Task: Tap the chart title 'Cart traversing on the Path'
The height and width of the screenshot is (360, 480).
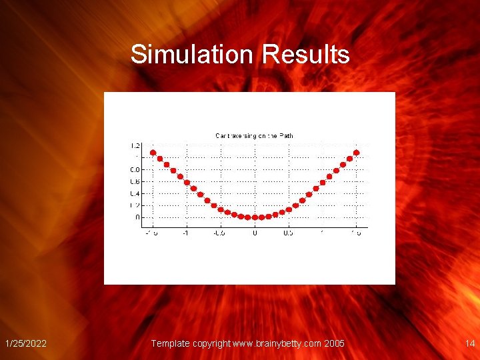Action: tap(254, 136)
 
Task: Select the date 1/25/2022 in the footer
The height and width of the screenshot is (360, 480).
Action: tap(25, 343)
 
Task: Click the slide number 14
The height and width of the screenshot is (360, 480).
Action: tap(469, 343)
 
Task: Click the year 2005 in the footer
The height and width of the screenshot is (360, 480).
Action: tap(333, 343)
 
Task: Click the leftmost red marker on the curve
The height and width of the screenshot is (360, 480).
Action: tap(153, 153)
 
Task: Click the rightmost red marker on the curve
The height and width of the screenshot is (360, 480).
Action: tap(356, 153)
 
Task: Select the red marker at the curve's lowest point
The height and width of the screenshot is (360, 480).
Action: tap(255, 217)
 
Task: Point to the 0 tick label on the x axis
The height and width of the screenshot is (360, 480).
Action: tap(255, 233)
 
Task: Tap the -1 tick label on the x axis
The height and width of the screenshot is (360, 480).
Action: tap(186, 233)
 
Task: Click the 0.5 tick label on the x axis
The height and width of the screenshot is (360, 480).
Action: tap(288, 233)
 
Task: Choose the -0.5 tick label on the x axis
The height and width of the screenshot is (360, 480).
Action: tap(219, 233)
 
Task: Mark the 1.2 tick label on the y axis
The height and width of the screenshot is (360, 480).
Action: tap(135, 145)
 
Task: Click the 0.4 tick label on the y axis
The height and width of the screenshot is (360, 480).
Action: tap(135, 193)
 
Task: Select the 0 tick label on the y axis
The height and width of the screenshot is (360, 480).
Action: tap(137, 217)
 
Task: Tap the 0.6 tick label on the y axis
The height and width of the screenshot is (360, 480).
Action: tap(135, 181)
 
